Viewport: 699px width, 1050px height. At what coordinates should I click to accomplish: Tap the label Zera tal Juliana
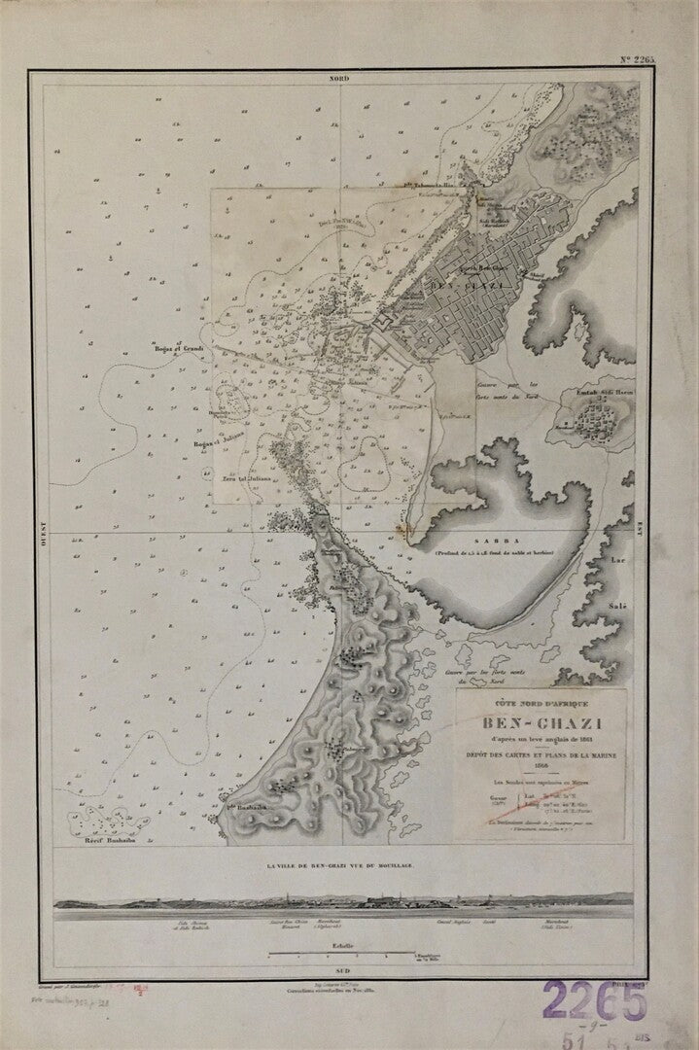click(x=246, y=477)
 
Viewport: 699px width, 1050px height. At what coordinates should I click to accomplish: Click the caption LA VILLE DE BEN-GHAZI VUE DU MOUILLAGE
click(x=345, y=864)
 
